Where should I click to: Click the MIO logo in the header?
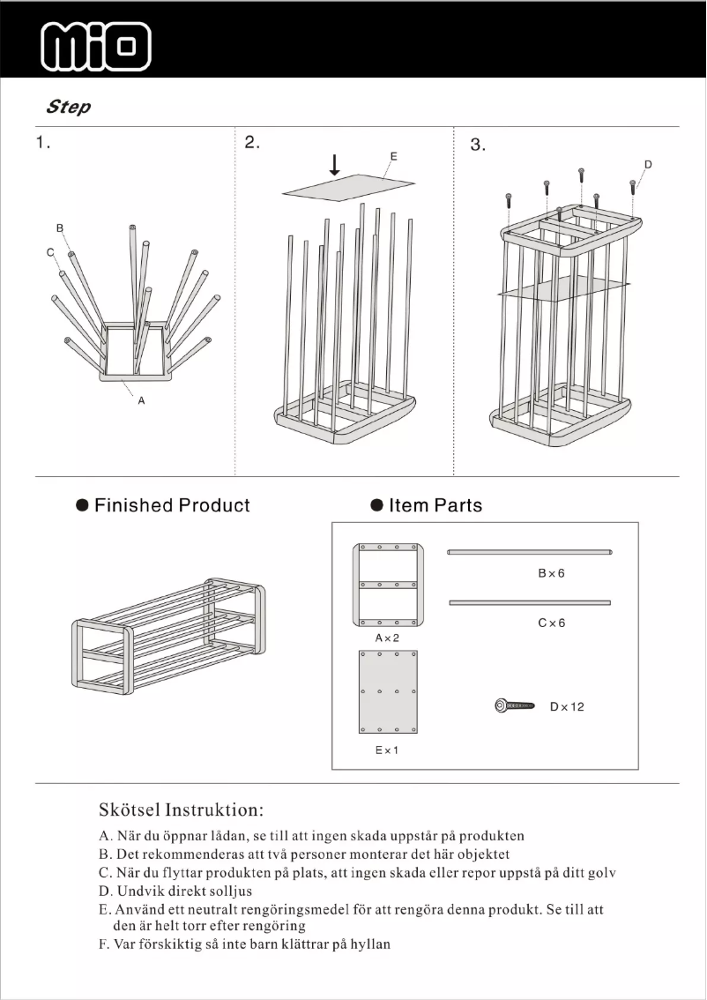point(97,46)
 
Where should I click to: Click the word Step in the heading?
point(68,108)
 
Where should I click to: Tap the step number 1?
point(42,143)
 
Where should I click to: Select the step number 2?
point(252,143)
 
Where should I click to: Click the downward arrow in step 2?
point(335,165)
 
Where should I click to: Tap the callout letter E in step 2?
point(393,156)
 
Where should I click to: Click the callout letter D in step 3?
point(648,165)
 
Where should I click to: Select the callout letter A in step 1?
point(140,400)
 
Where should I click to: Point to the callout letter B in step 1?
point(60,228)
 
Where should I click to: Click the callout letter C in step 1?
point(50,252)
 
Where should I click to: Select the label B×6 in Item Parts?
point(551,573)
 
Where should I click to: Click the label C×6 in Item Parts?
point(551,623)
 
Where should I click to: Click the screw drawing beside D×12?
point(516,705)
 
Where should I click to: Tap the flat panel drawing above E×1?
point(388,692)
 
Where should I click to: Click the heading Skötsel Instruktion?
point(182,810)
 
